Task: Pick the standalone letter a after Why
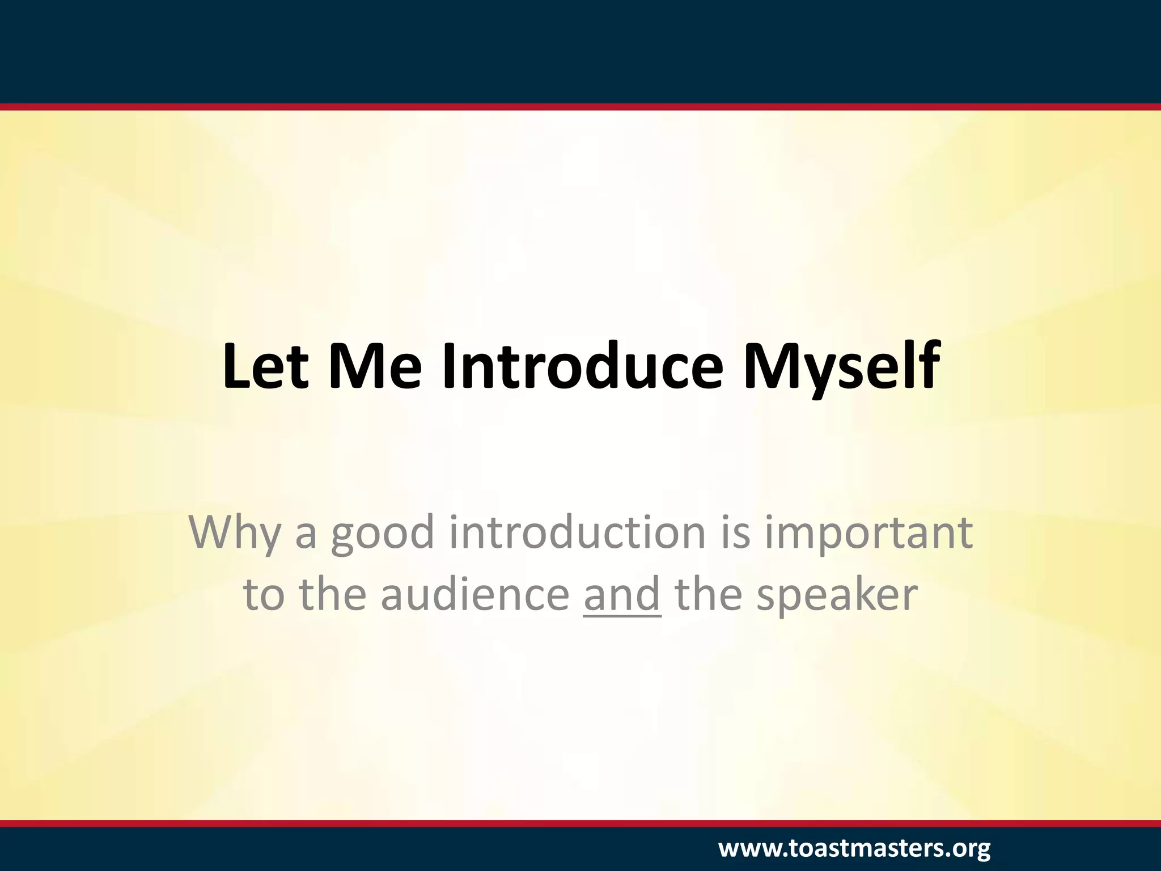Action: [x=305, y=535]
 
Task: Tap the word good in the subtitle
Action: [x=382, y=535]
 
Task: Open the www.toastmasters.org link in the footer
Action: [x=854, y=849]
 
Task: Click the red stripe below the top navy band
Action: [x=580, y=107]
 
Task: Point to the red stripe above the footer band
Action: [x=580, y=823]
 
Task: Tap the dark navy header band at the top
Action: [x=580, y=51]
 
